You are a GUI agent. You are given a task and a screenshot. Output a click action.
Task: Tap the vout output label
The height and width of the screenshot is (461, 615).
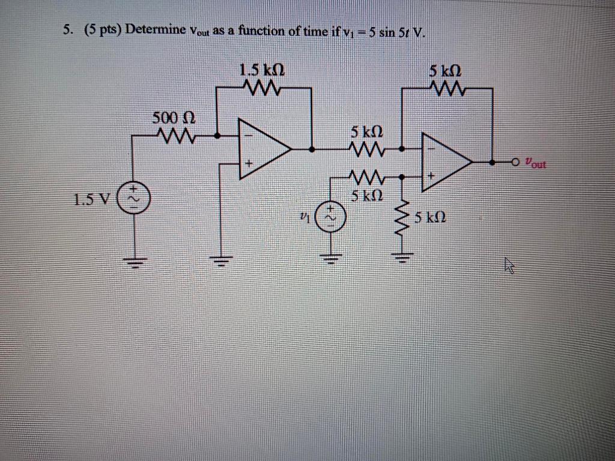(x=535, y=162)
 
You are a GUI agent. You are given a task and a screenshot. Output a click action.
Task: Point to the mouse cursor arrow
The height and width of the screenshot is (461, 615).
(x=510, y=265)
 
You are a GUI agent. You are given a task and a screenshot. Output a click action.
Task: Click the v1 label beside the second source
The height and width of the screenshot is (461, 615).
(x=305, y=216)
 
